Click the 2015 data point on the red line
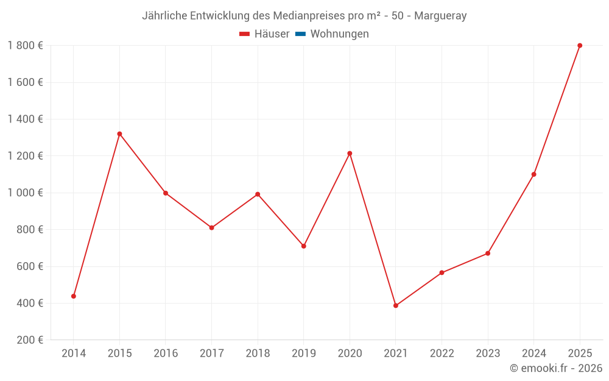point(119,134)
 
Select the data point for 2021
point(396,305)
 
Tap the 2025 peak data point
point(580,46)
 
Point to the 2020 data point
point(350,154)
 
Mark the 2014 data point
point(74,296)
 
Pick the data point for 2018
point(258,194)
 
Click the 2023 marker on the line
point(488,254)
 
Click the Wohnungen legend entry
point(339,34)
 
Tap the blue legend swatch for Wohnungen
point(300,34)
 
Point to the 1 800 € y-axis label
point(25,46)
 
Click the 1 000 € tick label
point(25,193)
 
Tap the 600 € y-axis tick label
point(28,266)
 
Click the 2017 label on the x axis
point(211,354)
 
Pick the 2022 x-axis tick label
point(442,354)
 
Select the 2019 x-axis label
point(303,354)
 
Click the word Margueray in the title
point(440,16)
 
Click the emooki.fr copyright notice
point(555,368)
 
